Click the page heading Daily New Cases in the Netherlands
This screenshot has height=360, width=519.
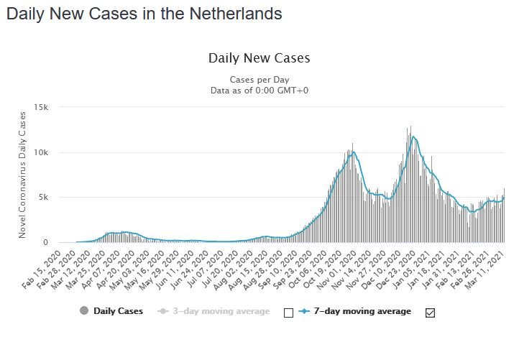tap(144, 14)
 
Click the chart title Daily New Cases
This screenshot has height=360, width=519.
tap(259, 57)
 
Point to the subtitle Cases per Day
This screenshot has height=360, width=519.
tap(259, 80)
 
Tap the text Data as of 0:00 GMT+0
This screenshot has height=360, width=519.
tap(259, 91)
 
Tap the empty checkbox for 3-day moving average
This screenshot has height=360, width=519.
tap(288, 313)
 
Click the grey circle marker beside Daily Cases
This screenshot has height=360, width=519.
tap(85, 311)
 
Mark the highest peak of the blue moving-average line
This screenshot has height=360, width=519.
tap(413, 137)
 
